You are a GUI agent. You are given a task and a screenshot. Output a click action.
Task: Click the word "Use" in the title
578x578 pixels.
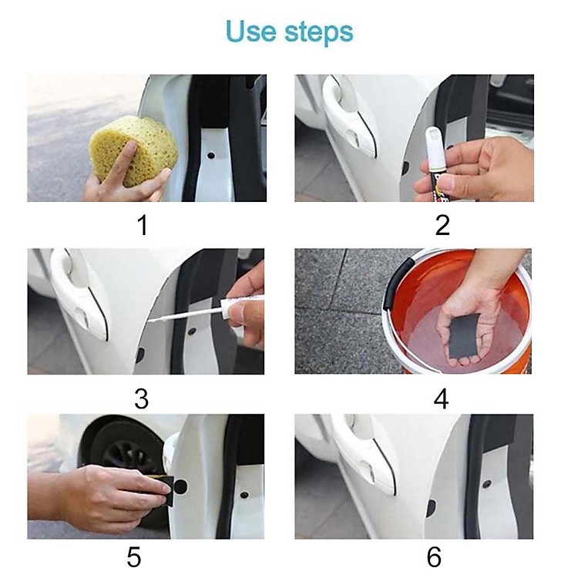click(250, 31)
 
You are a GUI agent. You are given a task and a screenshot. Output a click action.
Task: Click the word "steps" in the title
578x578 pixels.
click(319, 33)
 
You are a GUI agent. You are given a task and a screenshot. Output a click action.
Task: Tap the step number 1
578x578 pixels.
click(143, 225)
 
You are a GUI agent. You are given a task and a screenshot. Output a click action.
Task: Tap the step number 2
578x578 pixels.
click(442, 225)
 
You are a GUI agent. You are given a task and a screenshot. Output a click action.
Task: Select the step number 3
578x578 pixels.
click(142, 399)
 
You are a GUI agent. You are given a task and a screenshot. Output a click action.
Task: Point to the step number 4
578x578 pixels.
click(442, 399)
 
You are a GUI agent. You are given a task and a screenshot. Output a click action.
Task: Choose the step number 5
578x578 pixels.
click(134, 557)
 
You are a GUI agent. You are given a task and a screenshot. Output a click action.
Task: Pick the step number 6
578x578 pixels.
click(434, 557)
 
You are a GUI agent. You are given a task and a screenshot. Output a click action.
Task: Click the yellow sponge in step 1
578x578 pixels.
click(133, 150)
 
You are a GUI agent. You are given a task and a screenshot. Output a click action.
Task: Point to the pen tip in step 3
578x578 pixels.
click(150, 321)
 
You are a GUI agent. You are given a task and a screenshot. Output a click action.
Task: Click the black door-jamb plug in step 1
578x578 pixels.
click(211, 155)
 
